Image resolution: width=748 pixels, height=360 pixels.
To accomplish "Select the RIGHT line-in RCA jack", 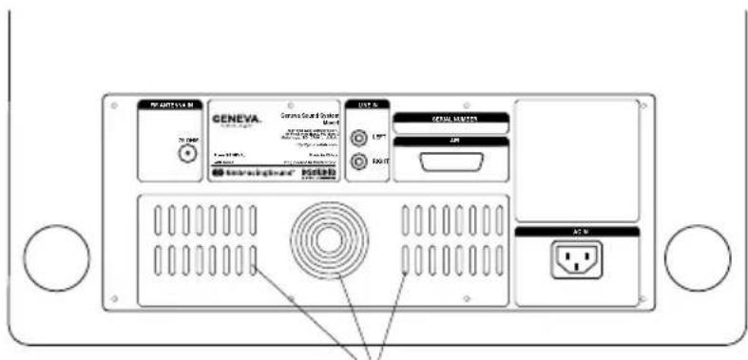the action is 357,161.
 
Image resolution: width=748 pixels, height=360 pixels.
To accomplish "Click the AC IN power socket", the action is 576,259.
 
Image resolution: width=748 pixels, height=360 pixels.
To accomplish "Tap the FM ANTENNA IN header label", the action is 170,104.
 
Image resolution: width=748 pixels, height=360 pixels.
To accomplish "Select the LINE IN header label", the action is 367,104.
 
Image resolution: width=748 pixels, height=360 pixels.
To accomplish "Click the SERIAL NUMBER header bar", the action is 450,118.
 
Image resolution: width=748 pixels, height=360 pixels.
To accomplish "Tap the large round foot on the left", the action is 55,258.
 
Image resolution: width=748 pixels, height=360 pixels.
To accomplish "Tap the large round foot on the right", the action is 697,258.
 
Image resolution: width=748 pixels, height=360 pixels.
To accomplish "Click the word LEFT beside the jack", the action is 376,139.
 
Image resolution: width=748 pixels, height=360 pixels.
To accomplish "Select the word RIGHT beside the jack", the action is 378,162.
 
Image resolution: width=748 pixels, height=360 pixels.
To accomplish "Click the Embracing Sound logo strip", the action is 252,175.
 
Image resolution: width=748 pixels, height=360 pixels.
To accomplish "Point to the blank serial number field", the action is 450,127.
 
